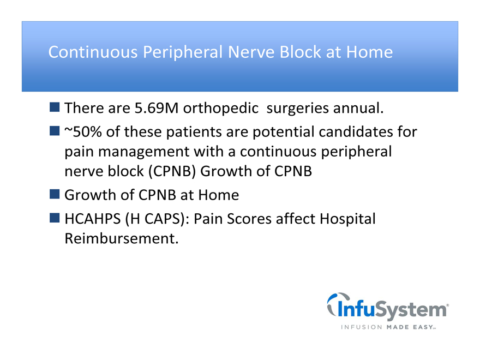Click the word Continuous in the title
pos(93,52)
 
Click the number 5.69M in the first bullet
pos(157,108)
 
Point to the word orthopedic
pos(221,109)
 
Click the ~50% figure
pos(83,132)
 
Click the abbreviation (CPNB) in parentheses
pos(172,171)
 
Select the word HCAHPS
pos(92,219)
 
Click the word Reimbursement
pos(122,238)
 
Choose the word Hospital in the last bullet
pos(347,219)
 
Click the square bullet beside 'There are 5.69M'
pos(55,107)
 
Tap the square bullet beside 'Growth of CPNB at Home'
pos(55,194)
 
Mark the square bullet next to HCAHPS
pos(55,218)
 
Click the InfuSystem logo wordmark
pos(392,310)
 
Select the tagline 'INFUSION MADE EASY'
pos(388,327)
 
